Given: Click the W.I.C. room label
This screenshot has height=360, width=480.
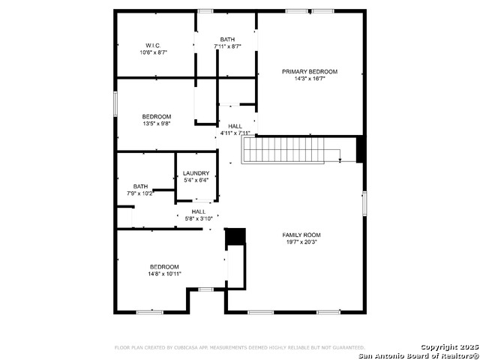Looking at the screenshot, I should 153,45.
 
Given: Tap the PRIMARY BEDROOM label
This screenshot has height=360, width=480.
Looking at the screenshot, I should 310,71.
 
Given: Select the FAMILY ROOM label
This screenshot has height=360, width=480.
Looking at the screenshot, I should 301,235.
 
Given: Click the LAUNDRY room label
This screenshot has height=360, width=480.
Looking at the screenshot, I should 196,173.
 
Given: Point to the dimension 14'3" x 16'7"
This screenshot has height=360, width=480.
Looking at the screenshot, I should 310,79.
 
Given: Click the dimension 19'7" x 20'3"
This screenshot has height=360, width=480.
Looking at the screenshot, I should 301,242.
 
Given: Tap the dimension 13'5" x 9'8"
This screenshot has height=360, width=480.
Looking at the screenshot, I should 157,124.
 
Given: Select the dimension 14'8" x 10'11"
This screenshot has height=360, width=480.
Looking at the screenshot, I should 163,274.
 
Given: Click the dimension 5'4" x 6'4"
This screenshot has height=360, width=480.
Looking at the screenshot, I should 196,181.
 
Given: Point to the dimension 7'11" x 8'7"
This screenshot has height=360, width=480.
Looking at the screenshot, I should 227,46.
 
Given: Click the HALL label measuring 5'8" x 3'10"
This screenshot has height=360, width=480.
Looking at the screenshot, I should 199,211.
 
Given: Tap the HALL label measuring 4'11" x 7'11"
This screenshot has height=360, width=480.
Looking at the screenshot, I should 235,126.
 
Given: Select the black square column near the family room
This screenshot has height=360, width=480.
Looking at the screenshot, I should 235,236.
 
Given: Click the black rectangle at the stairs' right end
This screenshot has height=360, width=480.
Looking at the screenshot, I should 361,149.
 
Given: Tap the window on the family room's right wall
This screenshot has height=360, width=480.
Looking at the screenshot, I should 364,203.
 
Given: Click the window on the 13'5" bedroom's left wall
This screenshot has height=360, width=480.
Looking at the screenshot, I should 115,103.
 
